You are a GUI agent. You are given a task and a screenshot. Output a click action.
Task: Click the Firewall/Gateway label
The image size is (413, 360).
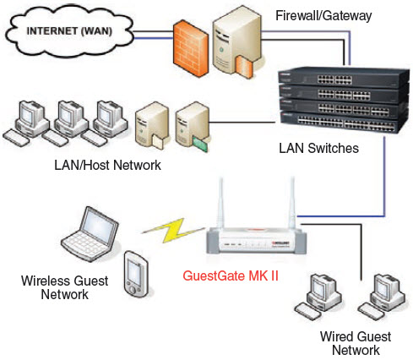[324, 15]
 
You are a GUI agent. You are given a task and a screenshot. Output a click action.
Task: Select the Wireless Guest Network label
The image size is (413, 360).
[55, 287]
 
